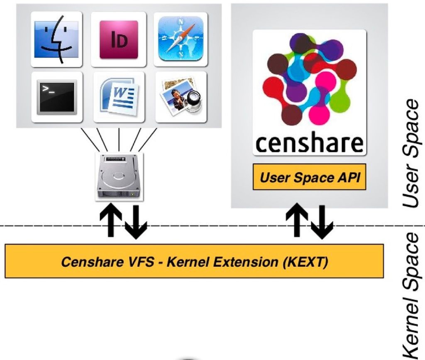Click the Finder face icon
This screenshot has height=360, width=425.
[56, 39]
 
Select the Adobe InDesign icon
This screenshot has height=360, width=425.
[119, 39]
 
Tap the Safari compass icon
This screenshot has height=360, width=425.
[181, 39]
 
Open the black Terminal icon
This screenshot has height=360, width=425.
[56, 97]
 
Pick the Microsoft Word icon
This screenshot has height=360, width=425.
[119, 97]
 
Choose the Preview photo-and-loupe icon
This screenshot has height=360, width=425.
[181, 97]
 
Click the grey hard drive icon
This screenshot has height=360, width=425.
[119, 177]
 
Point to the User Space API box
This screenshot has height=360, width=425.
[310, 177]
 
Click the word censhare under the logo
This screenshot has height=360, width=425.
[309, 143]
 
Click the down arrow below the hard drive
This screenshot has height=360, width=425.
[136, 222]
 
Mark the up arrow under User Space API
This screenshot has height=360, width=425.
[297, 220]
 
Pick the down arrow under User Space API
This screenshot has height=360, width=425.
[322, 222]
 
